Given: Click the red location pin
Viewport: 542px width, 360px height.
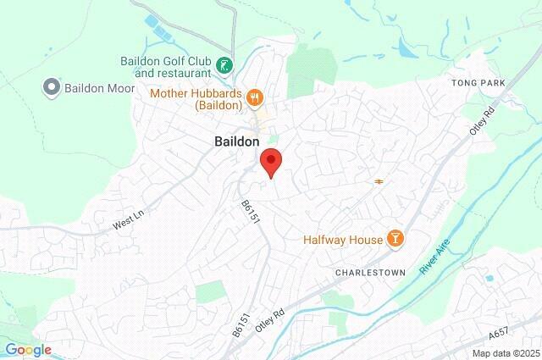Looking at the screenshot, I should click(270, 161).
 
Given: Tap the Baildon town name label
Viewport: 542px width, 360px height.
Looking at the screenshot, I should click(230, 143).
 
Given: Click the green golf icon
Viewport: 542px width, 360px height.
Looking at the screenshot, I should click(224, 65).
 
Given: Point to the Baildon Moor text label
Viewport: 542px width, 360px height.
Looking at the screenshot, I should click(93, 86).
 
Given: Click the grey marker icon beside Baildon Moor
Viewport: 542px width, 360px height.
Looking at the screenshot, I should click(50, 86).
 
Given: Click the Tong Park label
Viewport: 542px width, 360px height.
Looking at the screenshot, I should click(477, 83).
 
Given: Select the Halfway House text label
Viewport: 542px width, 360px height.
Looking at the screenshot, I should click(343, 240).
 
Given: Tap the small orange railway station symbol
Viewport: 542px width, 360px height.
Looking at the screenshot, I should click(378, 180).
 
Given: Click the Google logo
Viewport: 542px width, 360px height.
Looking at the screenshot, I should click(28, 350).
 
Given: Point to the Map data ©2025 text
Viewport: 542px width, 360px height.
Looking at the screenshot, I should click(506, 353).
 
